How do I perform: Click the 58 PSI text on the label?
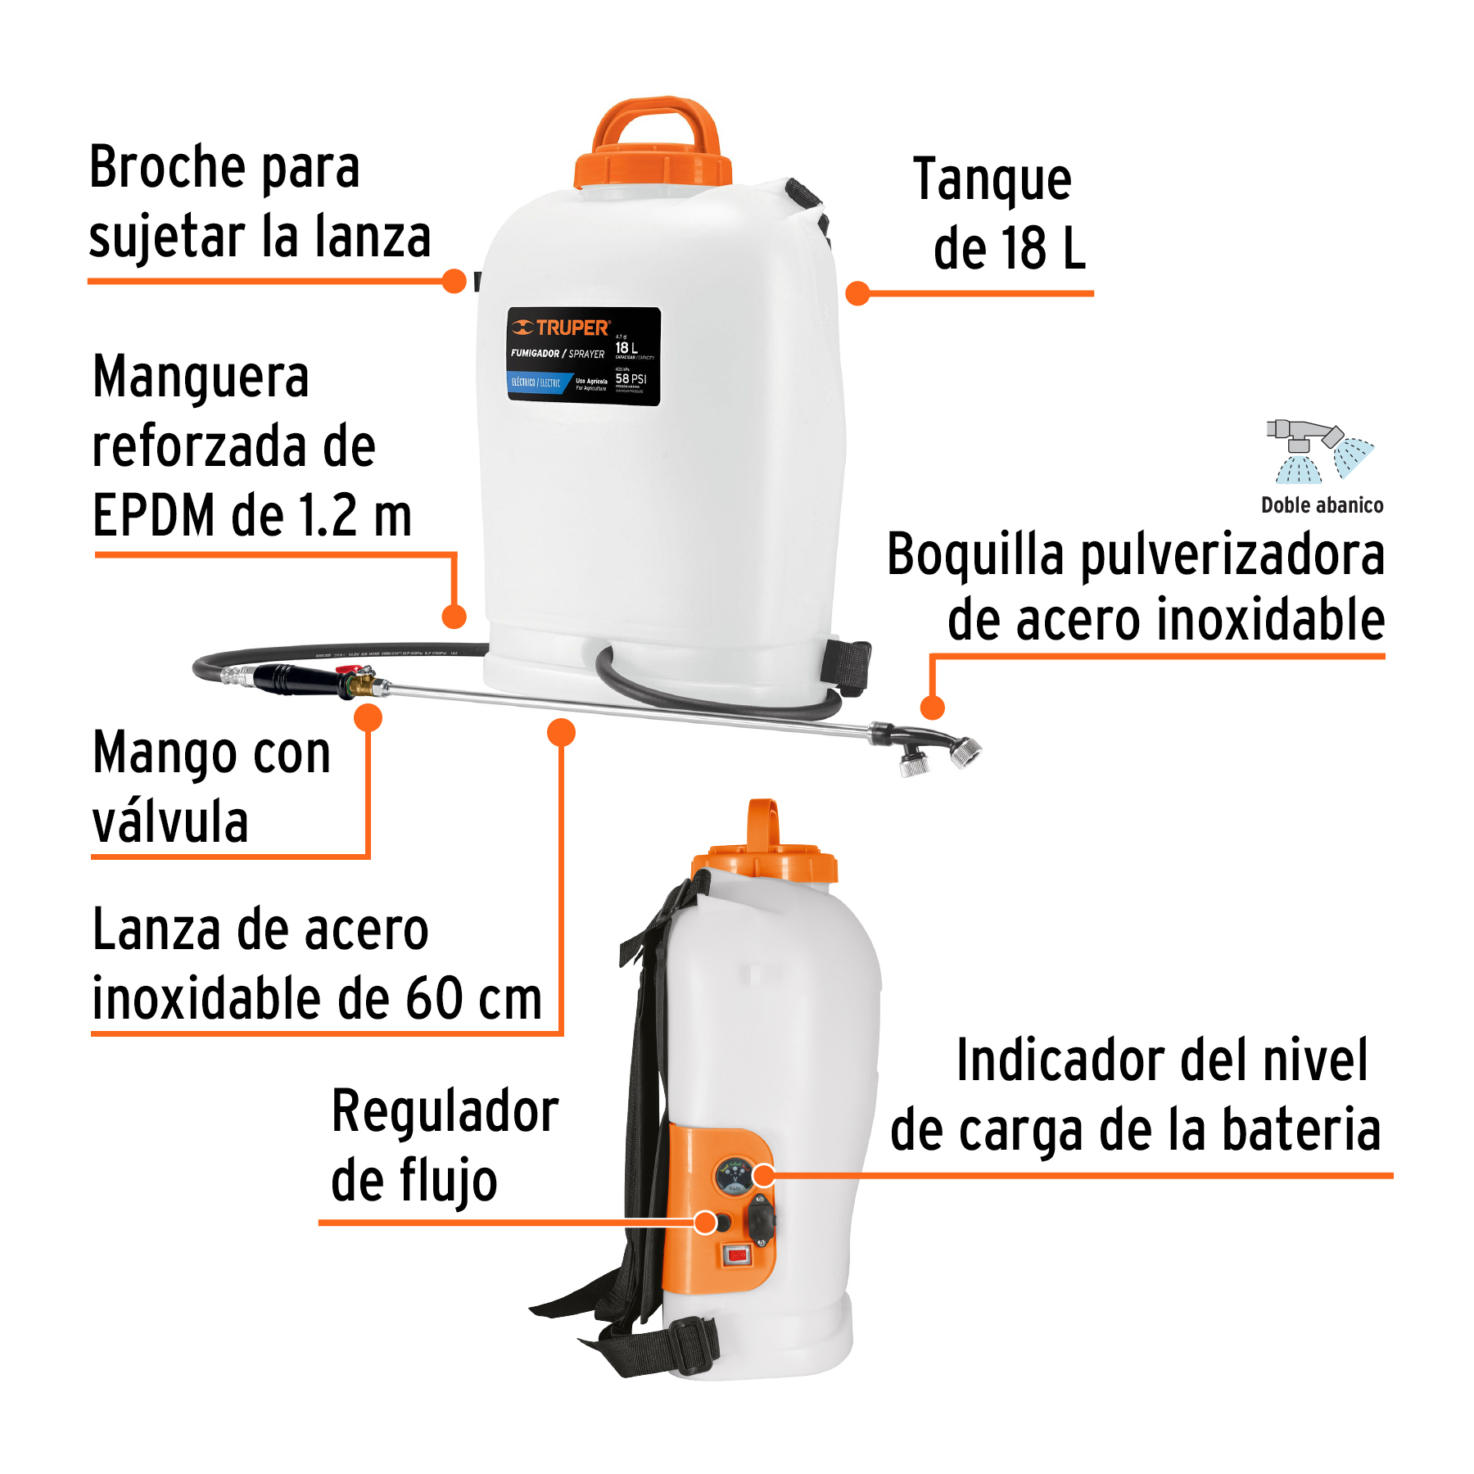[631, 378]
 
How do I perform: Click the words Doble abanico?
[1322, 505]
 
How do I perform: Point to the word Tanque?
[992, 180]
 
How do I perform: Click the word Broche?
[167, 168]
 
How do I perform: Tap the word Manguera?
[201, 378]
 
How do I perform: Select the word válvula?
[170, 822]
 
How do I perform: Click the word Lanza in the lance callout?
[157, 930]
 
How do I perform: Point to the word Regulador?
[445, 1112]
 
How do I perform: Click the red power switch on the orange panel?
[737, 1255]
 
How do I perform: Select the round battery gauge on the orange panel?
[734, 1177]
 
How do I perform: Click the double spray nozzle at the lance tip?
[942, 749]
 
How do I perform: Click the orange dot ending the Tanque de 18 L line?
[857, 293]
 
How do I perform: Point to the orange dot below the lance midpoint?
[561, 732]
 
